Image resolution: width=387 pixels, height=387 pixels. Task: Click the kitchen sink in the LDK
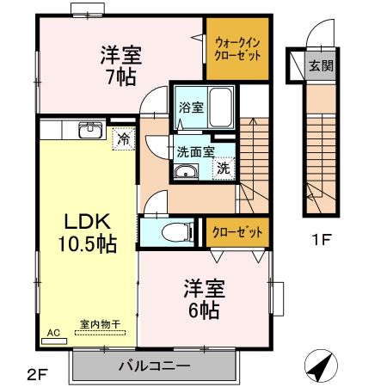pos(90,130)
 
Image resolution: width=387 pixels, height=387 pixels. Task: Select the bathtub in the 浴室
pos(220,107)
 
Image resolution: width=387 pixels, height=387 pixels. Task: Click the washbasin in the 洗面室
pos(186,172)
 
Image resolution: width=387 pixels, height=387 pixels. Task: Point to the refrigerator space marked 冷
pos(124,138)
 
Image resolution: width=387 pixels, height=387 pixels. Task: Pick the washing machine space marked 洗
pos(224,169)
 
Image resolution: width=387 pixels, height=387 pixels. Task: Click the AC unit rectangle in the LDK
pos(54,341)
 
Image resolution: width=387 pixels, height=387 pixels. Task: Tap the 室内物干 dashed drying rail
pos(100,333)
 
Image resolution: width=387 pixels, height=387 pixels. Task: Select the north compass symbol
pos(321,365)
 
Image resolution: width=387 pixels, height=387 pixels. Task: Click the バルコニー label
pos(155,366)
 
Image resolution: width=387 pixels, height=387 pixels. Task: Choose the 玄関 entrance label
pos(321,66)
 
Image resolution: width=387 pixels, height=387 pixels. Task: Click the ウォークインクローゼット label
pos(237,49)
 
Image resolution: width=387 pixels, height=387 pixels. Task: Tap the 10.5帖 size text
pos(88,244)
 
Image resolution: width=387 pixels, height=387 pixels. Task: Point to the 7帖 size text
pos(121,77)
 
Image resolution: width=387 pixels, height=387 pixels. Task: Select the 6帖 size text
pos(204,310)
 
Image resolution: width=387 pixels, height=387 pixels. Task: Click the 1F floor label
pos(322,240)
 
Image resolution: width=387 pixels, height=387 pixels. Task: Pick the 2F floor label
pos(37,375)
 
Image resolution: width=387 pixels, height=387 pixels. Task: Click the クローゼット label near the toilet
pos(237,232)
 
